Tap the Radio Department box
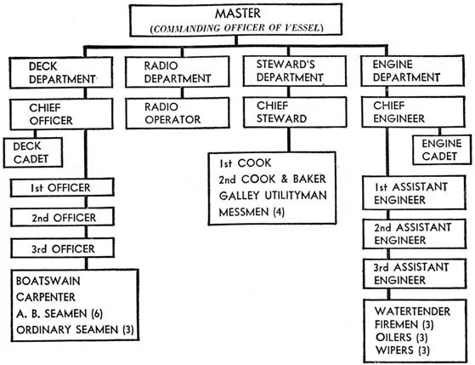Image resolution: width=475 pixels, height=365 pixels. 177,72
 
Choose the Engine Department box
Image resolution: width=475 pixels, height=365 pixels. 410,72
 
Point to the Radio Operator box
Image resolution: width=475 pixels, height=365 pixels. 177,115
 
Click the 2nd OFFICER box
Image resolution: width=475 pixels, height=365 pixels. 62,218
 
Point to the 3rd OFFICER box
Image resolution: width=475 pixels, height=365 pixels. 62,248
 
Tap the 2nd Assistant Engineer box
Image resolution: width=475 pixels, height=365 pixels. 410,233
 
